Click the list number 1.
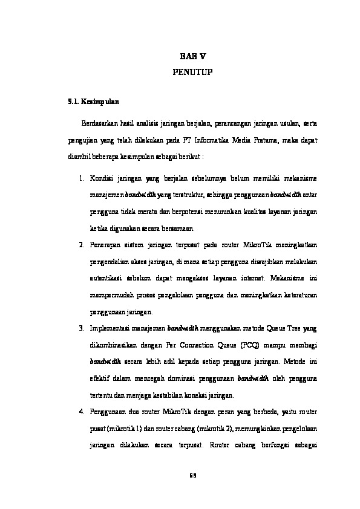tap(82, 180)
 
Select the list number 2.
tap(82, 245)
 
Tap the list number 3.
tap(82, 327)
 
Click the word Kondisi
tap(100, 180)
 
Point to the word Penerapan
tap(105, 245)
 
